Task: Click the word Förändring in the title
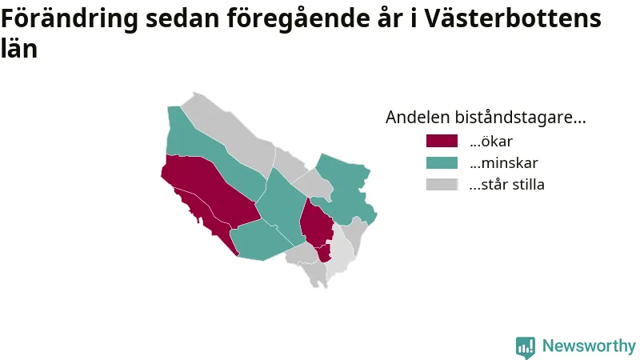click(70, 19)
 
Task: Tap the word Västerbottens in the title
click(513, 18)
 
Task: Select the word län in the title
click(19, 48)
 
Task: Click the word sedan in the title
click(182, 18)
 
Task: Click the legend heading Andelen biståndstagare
click(486, 117)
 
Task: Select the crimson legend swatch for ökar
click(442, 141)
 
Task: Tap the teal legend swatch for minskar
click(442, 162)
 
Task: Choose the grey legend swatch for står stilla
click(442, 184)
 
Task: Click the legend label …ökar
click(491, 142)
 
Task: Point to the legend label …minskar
click(504, 163)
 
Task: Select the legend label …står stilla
click(506, 185)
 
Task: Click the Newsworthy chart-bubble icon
click(526, 347)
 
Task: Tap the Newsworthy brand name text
click(589, 346)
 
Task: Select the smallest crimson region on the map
click(324, 253)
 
